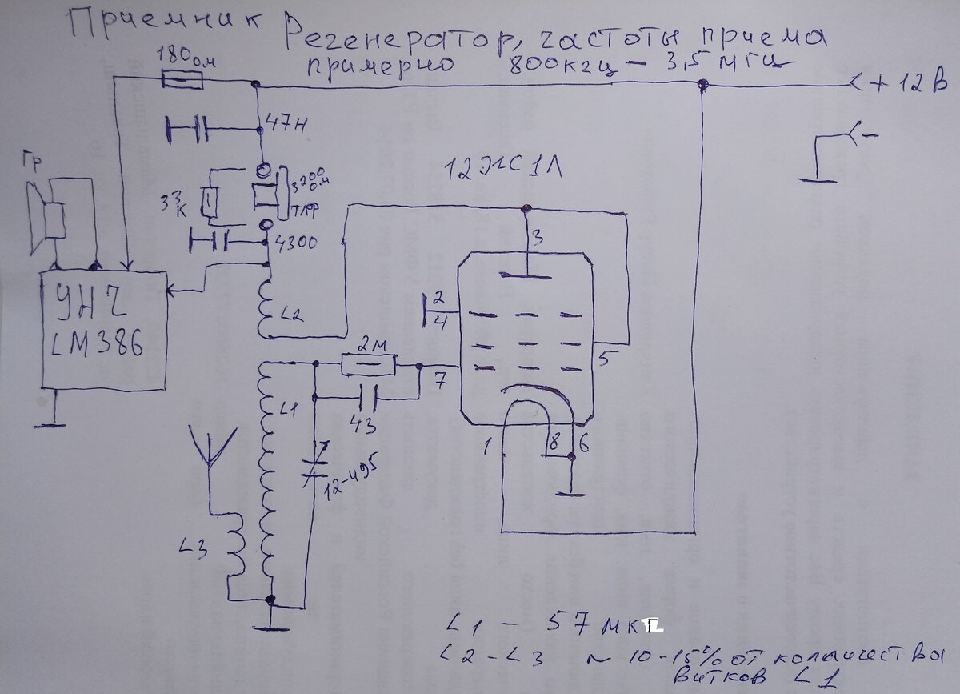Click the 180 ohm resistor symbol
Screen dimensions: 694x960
(182, 79)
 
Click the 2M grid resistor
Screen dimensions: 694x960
(367, 366)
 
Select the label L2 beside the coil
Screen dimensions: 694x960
(294, 315)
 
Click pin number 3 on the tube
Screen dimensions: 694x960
(538, 237)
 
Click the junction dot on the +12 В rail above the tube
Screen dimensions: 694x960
(702, 85)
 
